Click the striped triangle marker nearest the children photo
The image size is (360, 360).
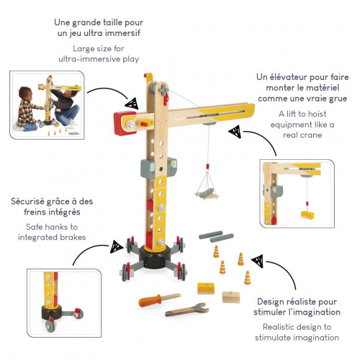click(132, 104)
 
